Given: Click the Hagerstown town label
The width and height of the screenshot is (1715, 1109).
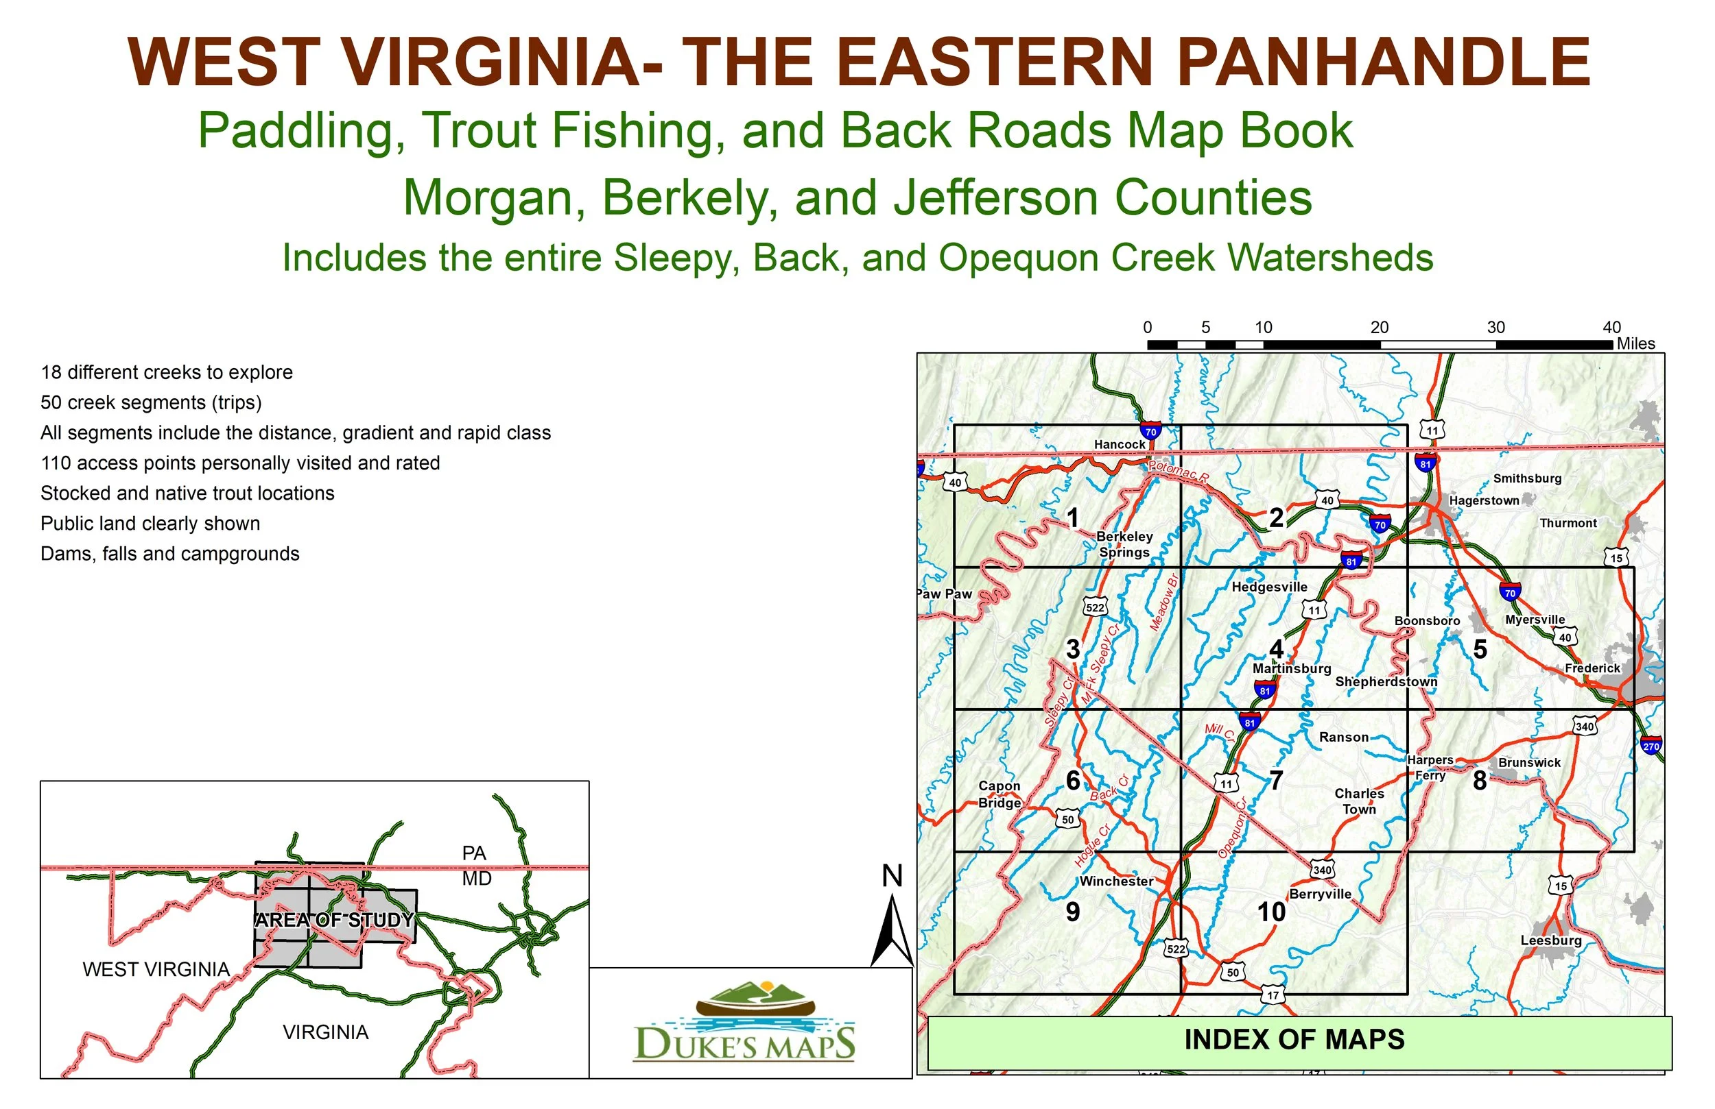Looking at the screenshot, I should point(1484,500).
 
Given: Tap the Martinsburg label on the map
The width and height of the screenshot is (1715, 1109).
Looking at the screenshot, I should point(1291,668).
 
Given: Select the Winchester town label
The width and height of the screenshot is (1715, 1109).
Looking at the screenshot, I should point(1115,881).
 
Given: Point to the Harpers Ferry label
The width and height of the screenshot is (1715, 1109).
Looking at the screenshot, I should point(1430,768).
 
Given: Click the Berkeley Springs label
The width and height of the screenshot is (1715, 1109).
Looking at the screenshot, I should point(1124,544).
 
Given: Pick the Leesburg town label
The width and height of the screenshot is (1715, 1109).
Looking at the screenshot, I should point(1551,940).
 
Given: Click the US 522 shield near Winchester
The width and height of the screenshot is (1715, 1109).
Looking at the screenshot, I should point(1175,949).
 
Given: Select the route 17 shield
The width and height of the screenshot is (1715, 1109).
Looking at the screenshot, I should point(1273,995).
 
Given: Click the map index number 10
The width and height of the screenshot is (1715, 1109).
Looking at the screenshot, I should point(1271,912).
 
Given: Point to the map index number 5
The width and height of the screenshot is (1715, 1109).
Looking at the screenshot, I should point(1480,650).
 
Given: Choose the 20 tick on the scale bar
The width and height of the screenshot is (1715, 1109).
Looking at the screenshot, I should point(1380,328).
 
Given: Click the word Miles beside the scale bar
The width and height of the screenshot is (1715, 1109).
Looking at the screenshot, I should point(1635,343).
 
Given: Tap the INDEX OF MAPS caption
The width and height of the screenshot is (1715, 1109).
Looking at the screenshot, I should point(1294,1040).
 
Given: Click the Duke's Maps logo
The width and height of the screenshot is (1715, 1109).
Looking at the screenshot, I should point(744,1023).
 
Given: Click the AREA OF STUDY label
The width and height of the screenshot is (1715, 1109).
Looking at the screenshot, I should point(334,921).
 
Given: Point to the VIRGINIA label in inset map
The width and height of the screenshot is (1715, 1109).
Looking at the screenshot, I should point(326,1033).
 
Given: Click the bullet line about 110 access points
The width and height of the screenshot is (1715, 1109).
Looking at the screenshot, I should point(240,463).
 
